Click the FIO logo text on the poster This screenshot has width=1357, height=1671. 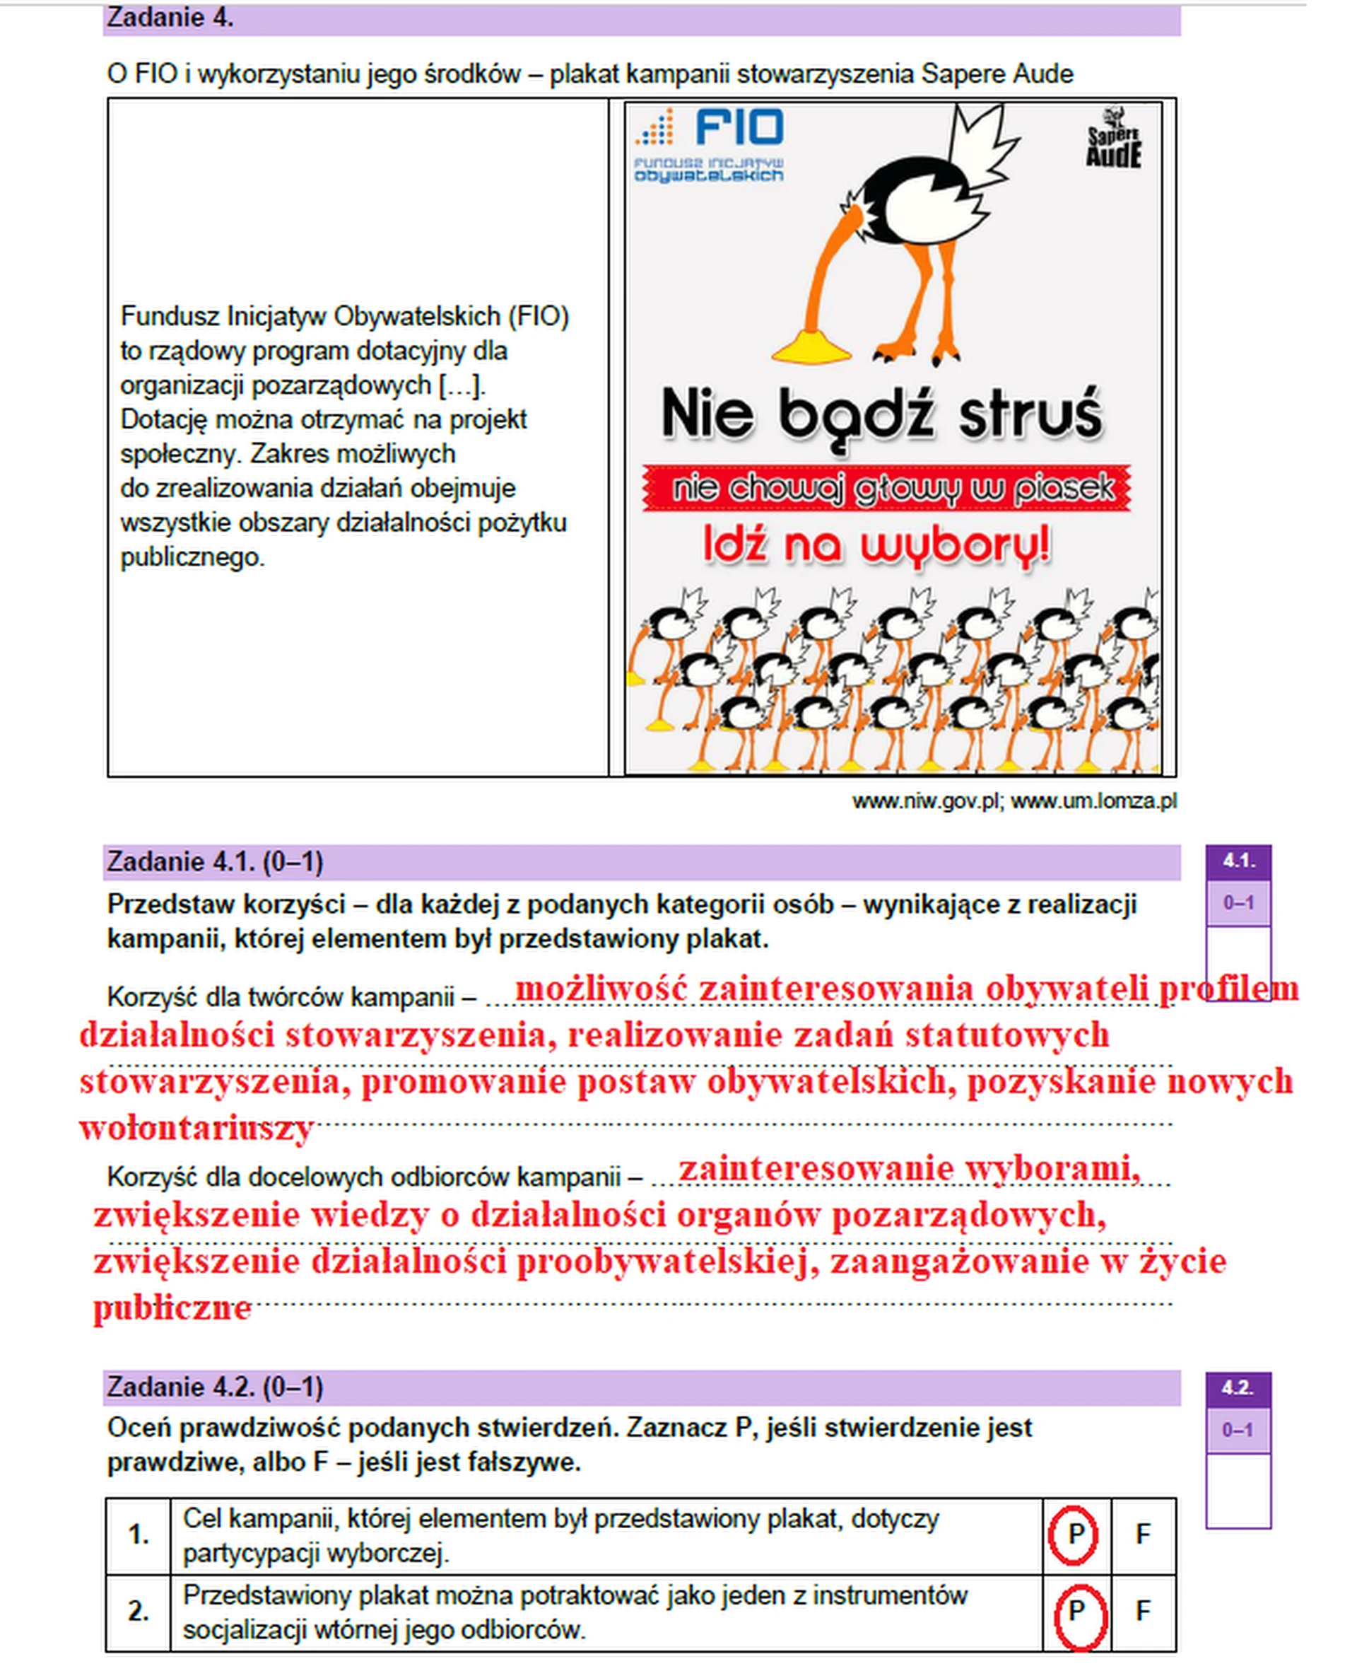click(x=738, y=127)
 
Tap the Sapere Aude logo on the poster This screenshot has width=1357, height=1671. click(x=1113, y=141)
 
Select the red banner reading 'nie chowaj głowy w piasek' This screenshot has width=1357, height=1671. click(x=886, y=489)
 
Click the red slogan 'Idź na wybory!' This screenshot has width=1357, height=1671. click(x=876, y=545)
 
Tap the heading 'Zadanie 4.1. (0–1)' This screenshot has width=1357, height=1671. click(x=215, y=862)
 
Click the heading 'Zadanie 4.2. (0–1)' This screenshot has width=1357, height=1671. click(x=215, y=1387)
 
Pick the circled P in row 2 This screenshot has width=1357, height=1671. click(x=1076, y=1610)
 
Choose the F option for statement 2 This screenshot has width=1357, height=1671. click(x=1142, y=1610)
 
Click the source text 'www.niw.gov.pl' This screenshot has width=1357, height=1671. click(x=925, y=801)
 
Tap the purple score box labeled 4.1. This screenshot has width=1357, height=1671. click(x=1238, y=861)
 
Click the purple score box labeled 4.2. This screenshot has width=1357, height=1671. click(x=1238, y=1388)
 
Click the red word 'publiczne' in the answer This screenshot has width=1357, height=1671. click(x=172, y=1307)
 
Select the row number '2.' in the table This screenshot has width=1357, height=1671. click(x=139, y=1611)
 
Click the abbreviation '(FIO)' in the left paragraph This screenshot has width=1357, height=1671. click(x=539, y=317)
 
